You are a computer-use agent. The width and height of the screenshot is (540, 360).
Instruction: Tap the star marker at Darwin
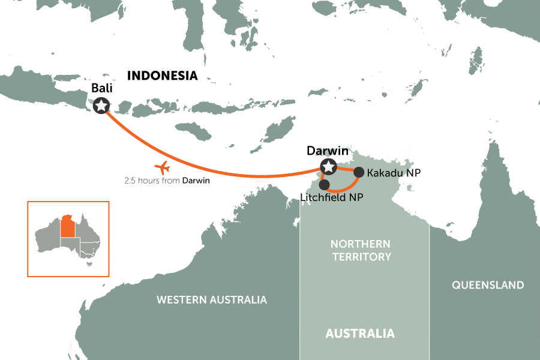[x=328, y=167]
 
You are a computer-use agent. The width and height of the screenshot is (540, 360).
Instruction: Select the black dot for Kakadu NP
[x=358, y=172]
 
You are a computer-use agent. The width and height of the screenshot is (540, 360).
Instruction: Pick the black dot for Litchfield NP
[x=325, y=185]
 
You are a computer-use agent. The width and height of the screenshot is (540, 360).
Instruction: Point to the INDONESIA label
[x=163, y=76]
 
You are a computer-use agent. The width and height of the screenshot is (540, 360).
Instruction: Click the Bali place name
[x=102, y=88]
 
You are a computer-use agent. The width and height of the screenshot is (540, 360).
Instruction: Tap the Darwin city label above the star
[x=328, y=151]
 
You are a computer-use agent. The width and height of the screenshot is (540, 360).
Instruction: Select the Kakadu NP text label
[x=393, y=173]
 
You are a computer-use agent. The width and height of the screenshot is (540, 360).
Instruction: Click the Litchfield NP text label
[x=335, y=197]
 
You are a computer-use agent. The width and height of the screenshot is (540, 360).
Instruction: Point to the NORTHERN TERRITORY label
[x=360, y=251]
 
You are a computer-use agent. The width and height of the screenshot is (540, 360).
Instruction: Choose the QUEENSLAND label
[x=488, y=285]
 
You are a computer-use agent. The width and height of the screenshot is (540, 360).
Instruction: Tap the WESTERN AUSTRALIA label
[x=211, y=299]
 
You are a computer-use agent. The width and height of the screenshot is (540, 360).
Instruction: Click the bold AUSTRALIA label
[x=360, y=334]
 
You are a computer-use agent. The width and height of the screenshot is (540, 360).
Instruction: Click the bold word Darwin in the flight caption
[x=196, y=180]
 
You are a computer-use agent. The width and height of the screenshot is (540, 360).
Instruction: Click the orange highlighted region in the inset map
[x=68, y=226]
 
